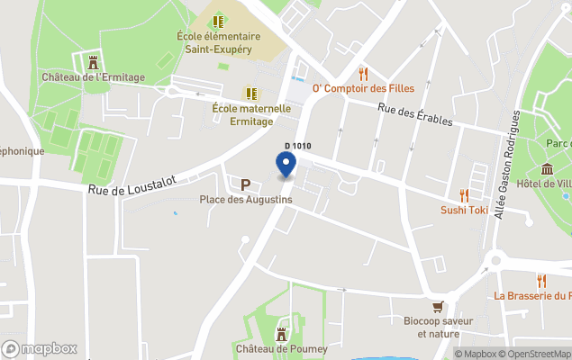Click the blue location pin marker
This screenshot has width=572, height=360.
coord(286,165)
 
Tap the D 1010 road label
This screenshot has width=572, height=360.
coord(297,146)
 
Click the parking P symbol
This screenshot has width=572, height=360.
coord(245,184)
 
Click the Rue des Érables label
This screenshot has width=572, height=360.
coord(412,114)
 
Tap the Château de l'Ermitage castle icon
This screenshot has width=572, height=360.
coord(93,62)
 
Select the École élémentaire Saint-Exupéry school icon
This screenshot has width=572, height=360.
coord(218,20)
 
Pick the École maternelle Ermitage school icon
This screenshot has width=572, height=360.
coord(251,93)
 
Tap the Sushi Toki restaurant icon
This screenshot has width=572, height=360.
coord(464,195)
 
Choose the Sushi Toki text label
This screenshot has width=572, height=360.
coord(464,211)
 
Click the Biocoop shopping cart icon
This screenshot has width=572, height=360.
coord(438,305)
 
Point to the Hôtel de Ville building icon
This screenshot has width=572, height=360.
coord(547,169)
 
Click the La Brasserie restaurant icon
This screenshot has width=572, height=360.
coord(540,281)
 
